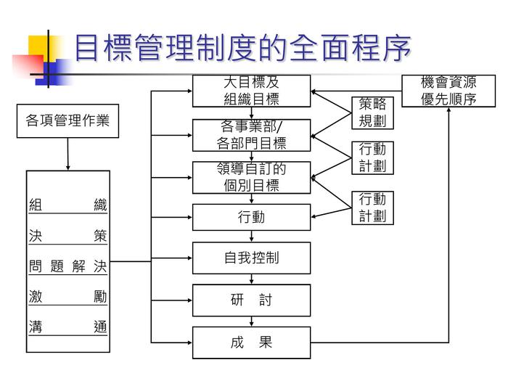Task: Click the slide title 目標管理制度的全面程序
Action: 242,48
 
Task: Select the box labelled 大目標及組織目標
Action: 251,91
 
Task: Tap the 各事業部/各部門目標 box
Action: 251,135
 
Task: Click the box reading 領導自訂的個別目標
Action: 251,177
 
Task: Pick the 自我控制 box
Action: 251,258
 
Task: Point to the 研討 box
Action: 251,300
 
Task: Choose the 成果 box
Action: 251,343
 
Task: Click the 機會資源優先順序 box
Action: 448,91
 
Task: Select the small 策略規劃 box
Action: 372,112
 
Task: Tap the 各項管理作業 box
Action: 67,120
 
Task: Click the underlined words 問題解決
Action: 67,267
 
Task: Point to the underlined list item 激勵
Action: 67,297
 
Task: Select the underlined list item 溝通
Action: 67,327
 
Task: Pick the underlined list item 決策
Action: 67,236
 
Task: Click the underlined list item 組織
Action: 67,205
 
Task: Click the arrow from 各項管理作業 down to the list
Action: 67,153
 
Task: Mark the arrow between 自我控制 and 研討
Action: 251,279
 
